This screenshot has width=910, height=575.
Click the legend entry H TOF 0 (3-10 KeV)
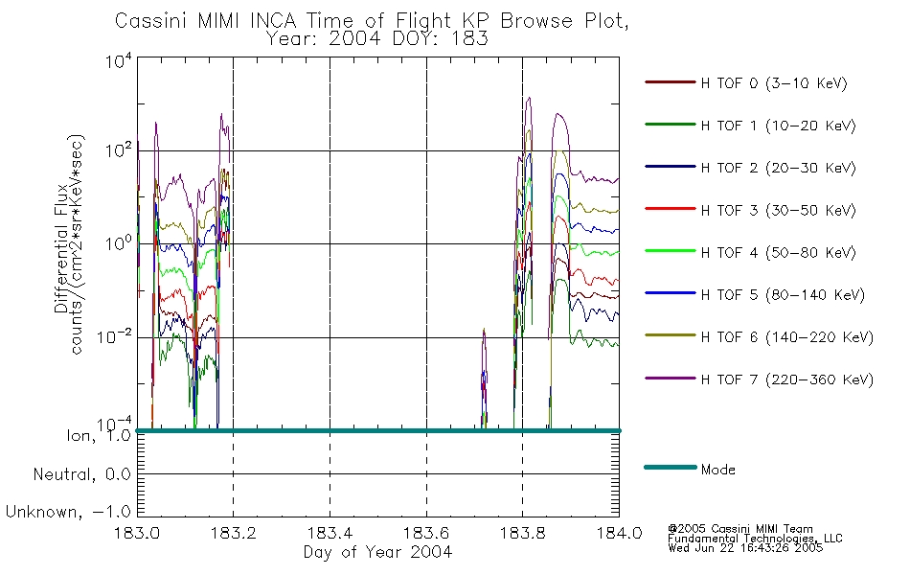[x=774, y=83]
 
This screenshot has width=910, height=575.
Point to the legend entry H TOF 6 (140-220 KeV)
[x=786, y=336]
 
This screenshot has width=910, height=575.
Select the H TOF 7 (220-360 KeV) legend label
[x=786, y=379]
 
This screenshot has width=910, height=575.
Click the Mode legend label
[x=717, y=470]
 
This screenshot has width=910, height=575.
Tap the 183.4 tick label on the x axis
[x=330, y=533]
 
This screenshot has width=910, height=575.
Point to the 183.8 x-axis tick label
[x=522, y=533]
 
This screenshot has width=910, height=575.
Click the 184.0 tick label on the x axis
[x=619, y=533]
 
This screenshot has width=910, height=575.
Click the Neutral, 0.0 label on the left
[x=81, y=474]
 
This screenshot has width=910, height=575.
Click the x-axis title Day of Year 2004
[x=377, y=552]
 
